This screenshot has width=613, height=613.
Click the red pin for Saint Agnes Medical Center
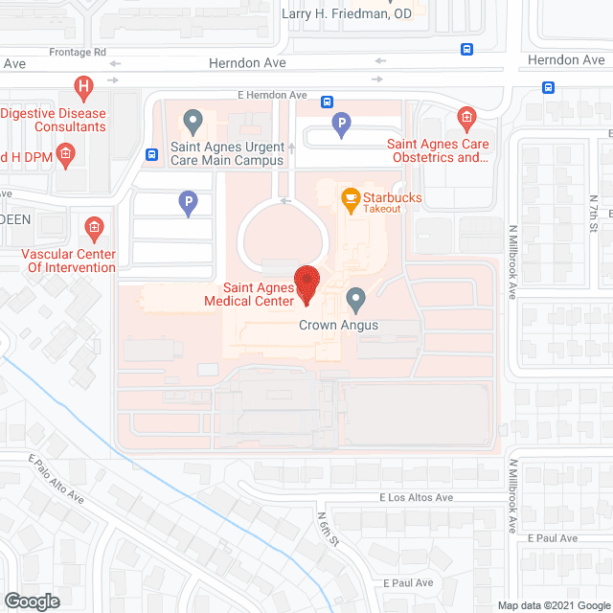tap(306, 282)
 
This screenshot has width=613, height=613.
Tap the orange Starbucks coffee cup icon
tap(351, 199)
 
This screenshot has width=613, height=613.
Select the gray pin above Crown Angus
tap(356, 301)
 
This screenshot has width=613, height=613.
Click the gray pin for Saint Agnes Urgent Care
tap(193, 123)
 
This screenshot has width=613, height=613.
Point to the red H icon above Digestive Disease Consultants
tap(84, 89)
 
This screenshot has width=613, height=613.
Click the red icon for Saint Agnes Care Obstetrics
tap(466, 119)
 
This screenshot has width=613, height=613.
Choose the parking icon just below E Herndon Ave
tap(340, 124)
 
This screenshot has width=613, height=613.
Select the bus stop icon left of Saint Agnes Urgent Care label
tap(151, 154)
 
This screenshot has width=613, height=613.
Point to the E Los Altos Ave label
tap(416, 498)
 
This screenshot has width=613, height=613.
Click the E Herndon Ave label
tap(272, 96)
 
